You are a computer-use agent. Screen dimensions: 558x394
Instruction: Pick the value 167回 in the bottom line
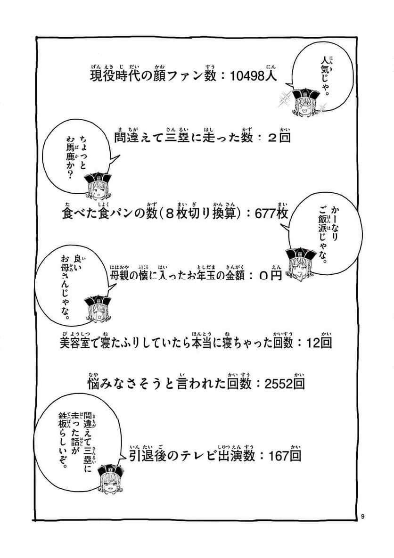pos(284,456)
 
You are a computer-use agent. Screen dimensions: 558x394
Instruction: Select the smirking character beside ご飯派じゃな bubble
pos(302,262)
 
